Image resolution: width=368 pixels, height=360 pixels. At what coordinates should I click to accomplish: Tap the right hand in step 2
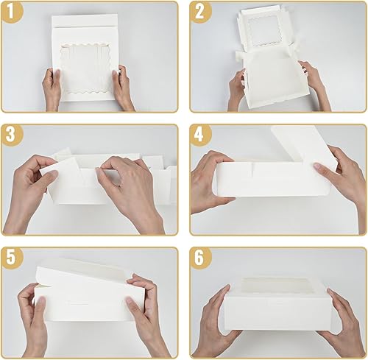pos(313,82)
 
